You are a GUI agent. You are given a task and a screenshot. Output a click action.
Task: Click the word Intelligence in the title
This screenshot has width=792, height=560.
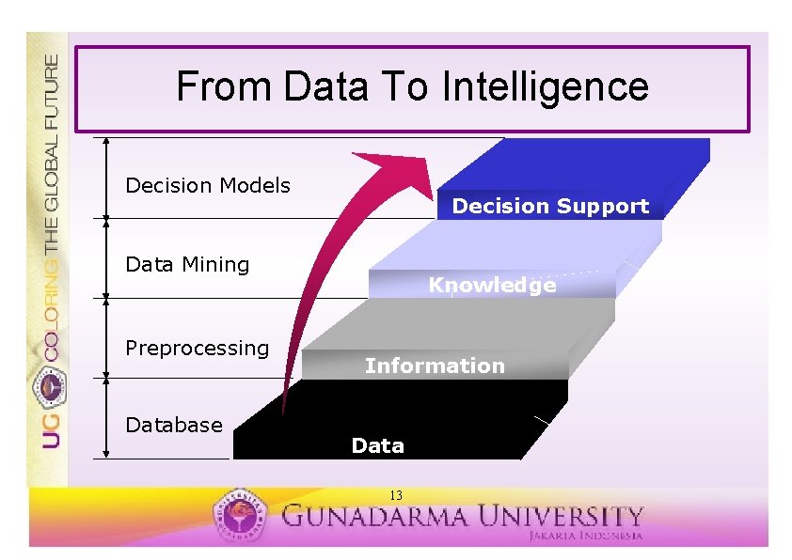(546, 87)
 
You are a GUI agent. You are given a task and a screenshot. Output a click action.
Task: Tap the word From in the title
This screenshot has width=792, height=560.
(223, 87)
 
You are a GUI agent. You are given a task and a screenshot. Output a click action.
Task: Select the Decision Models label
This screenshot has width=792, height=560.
(208, 185)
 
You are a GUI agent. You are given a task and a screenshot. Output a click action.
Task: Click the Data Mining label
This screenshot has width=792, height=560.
(187, 265)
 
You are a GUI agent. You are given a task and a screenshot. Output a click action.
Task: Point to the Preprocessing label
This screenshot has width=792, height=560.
(197, 348)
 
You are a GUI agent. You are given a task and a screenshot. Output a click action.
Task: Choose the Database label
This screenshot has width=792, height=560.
(174, 425)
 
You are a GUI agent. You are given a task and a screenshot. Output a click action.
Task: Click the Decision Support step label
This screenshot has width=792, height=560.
(550, 206)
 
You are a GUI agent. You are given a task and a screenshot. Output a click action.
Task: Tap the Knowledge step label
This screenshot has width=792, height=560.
(492, 285)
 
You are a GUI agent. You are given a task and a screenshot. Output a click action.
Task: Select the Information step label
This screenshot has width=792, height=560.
(435, 366)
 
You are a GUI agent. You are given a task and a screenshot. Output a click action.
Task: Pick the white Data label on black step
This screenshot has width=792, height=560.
(377, 445)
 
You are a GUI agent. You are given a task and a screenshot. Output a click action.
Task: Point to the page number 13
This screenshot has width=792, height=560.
(396, 495)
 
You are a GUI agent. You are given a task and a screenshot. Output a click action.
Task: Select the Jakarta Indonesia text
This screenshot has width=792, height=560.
(584, 535)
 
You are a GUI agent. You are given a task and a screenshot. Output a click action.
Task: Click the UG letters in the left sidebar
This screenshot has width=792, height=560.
(51, 428)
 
